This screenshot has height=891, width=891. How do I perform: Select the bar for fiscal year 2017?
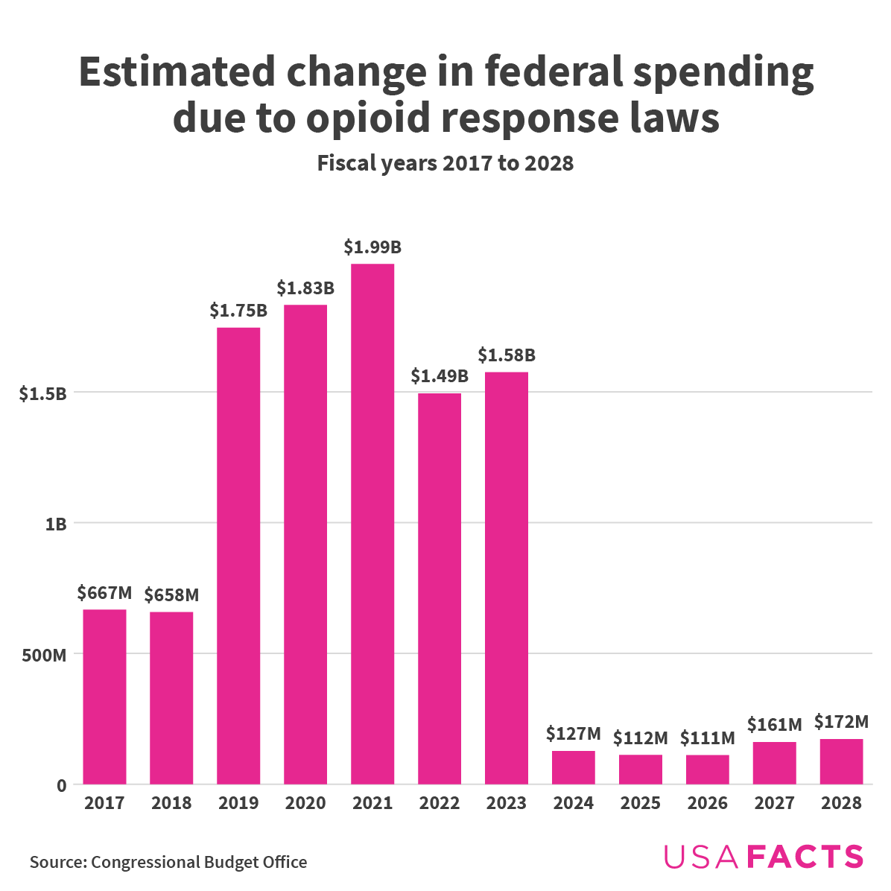pyautogui.click(x=104, y=697)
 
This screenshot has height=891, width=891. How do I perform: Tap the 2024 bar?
pyautogui.click(x=574, y=767)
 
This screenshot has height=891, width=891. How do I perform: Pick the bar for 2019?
pyautogui.click(x=238, y=556)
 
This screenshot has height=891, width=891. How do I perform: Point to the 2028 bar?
pyautogui.click(x=842, y=761)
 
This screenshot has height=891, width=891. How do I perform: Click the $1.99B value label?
pyautogui.click(x=372, y=247)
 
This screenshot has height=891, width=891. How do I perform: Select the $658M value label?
pyautogui.click(x=171, y=595)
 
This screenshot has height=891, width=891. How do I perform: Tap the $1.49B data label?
pyautogui.click(x=440, y=376)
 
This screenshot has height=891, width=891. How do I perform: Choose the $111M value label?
pyautogui.click(x=708, y=738)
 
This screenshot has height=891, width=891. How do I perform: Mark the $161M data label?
pyautogui.click(x=775, y=724)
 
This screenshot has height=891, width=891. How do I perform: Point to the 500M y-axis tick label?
pyautogui.click(x=45, y=655)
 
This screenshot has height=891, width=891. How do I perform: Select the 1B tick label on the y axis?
pyautogui.click(x=56, y=524)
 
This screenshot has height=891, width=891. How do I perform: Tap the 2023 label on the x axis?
pyautogui.click(x=507, y=803)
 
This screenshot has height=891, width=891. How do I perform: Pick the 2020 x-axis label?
pyautogui.click(x=305, y=803)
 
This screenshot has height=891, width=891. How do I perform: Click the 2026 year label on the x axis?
pyautogui.click(x=708, y=803)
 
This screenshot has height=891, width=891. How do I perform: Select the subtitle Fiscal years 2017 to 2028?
pyautogui.click(x=445, y=163)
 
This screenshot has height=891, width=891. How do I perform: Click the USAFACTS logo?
pyautogui.click(x=764, y=857)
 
